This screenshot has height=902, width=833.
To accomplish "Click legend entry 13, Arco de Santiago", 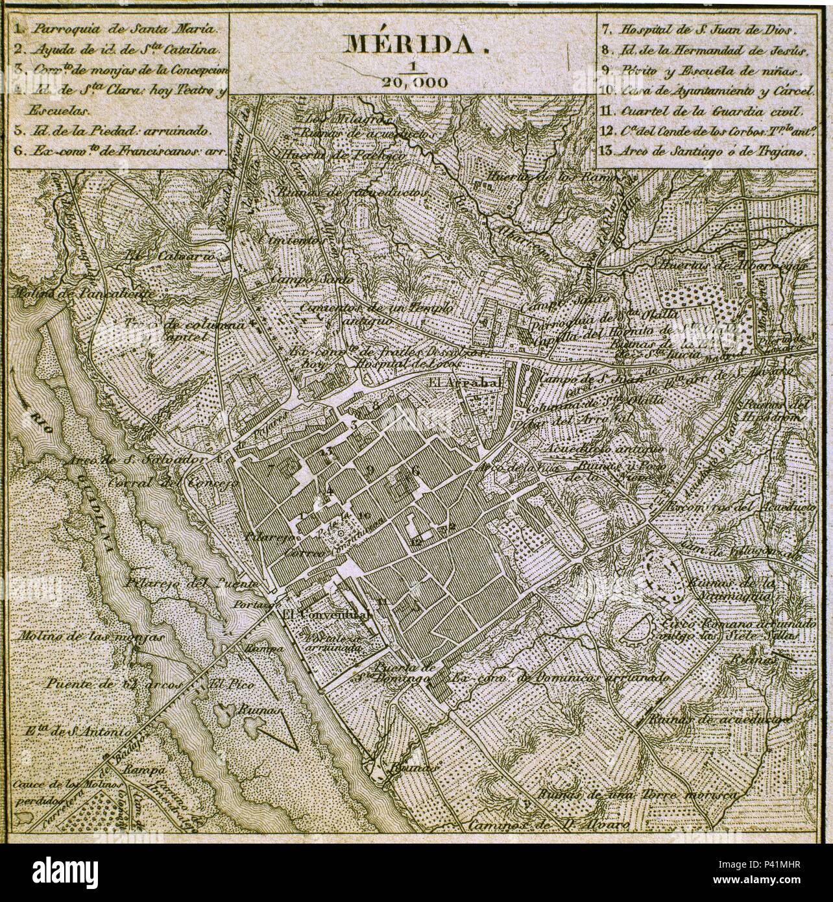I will (712, 153).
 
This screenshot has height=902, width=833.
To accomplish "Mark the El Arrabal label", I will (465, 384).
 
